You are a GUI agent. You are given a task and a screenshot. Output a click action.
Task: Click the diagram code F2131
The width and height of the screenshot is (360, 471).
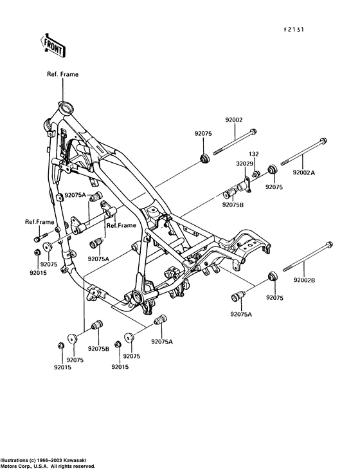click(x=294, y=30)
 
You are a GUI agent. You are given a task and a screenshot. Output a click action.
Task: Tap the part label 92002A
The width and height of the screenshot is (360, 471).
click(x=304, y=172)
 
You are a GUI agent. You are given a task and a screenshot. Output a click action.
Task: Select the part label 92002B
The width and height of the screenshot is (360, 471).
click(x=304, y=280)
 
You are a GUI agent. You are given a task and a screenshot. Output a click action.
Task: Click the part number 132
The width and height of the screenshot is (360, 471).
click(x=253, y=154)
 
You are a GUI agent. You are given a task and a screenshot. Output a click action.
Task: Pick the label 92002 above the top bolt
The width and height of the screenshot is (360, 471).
click(x=234, y=120)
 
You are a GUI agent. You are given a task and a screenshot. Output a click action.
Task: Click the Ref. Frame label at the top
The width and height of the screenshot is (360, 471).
click(x=62, y=74)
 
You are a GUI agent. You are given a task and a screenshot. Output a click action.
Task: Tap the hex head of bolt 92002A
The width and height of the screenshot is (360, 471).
click(x=323, y=140)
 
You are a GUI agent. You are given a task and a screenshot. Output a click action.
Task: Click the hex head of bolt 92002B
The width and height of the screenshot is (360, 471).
click(x=328, y=245)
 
